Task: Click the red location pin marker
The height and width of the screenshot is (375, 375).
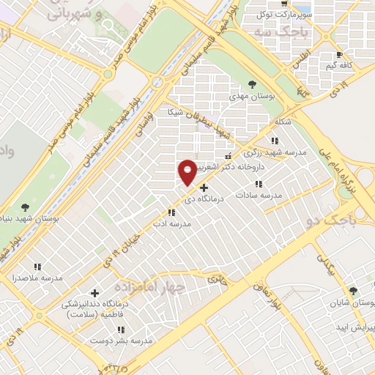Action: (187, 171)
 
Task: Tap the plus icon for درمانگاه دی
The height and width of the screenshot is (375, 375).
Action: (204, 187)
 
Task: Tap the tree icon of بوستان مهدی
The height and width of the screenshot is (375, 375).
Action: (252, 85)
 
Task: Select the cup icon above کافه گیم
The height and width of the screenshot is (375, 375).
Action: (338, 55)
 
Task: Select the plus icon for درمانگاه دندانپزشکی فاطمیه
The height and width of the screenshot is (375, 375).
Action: (94, 293)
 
